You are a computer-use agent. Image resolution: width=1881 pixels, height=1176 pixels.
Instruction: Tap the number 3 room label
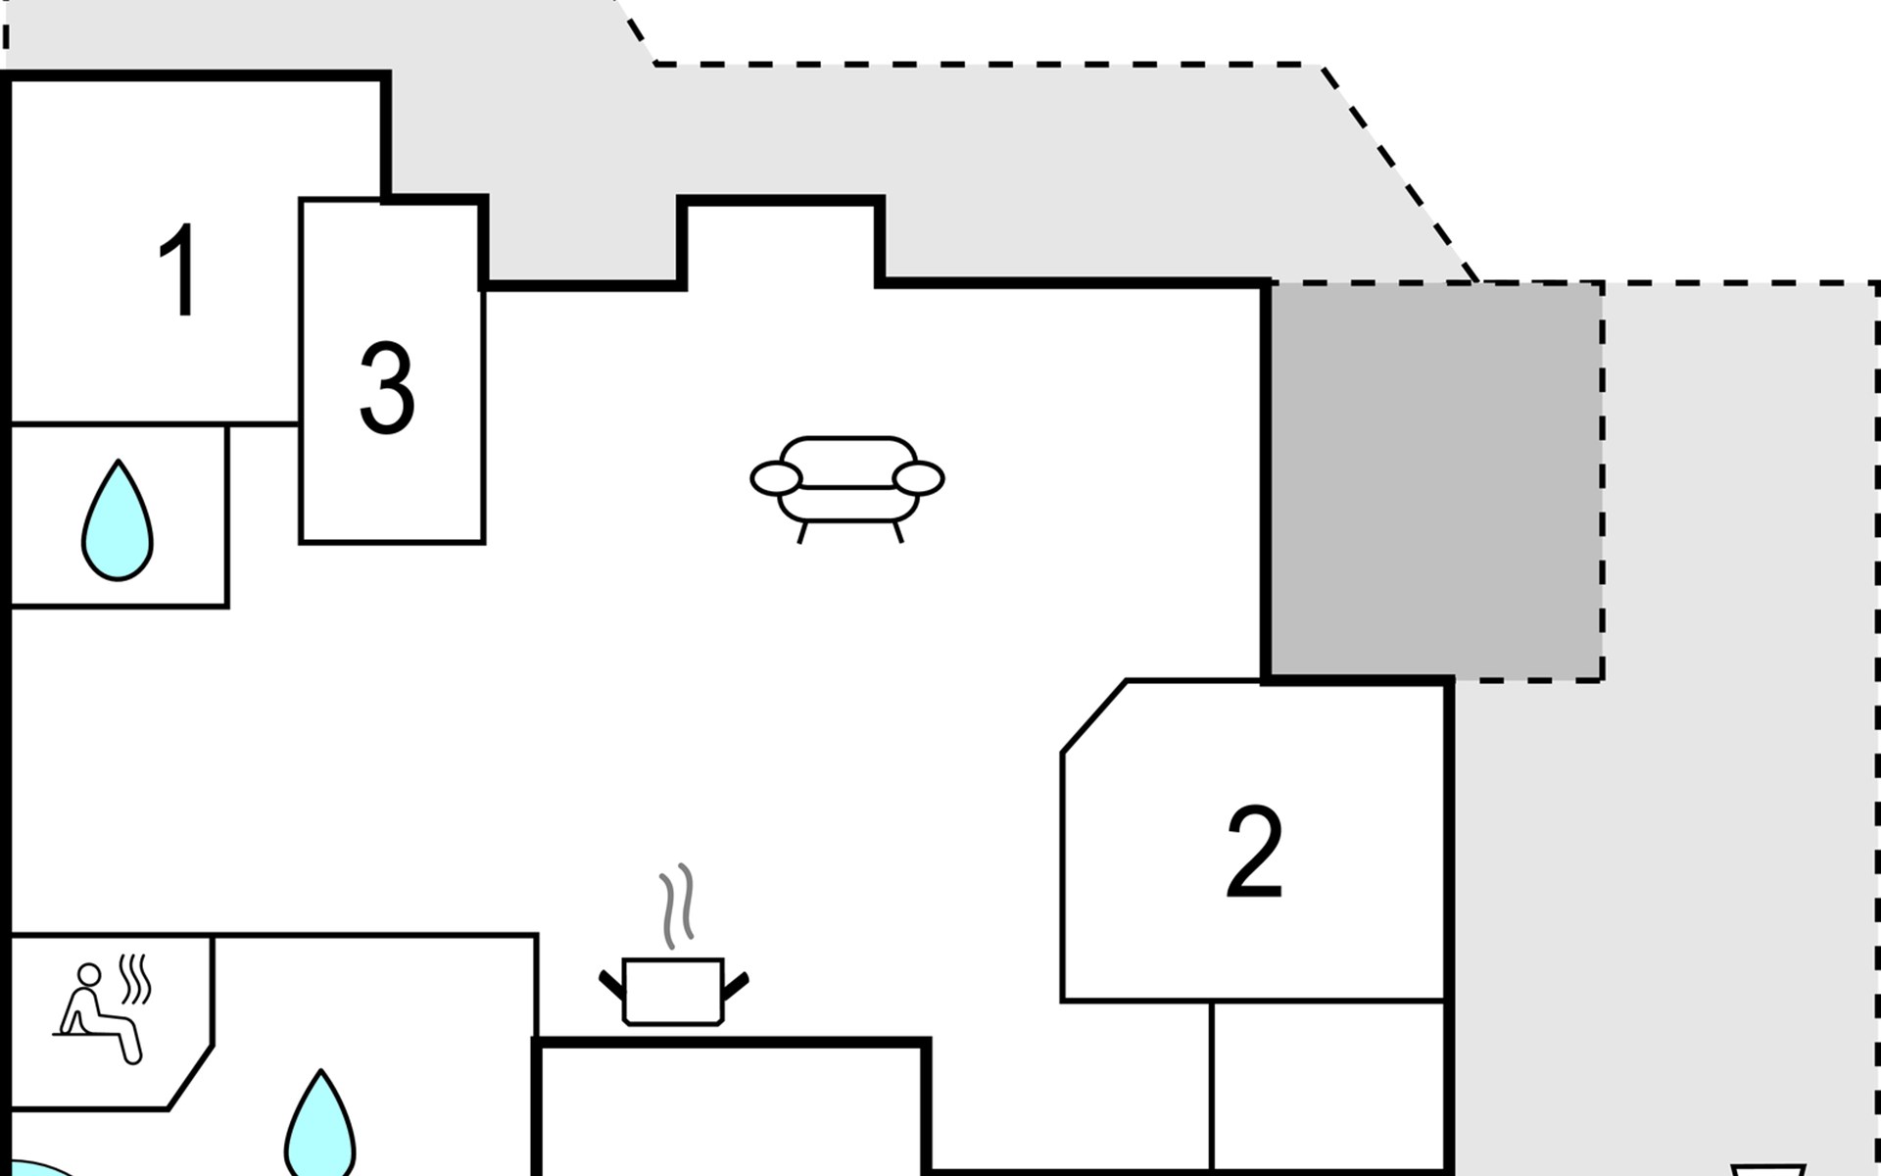pyautogui.click(x=387, y=388)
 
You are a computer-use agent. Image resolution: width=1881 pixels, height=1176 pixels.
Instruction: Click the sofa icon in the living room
pyautogui.click(x=847, y=485)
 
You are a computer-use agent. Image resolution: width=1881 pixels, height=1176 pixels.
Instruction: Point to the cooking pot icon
pyautogui.click(x=673, y=990)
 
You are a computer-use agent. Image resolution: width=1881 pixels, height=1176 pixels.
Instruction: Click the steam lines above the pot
pyautogui.click(x=677, y=906)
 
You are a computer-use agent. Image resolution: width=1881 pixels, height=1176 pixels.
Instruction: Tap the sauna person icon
pyautogui.click(x=98, y=1014)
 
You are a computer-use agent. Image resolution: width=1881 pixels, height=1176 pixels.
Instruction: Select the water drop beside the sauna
pyautogui.click(x=319, y=1127)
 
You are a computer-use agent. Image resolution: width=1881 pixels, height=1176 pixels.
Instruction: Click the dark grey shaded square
pyautogui.click(x=1435, y=480)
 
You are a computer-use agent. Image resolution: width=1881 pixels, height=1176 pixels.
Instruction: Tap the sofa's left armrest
pyautogui.click(x=776, y=478)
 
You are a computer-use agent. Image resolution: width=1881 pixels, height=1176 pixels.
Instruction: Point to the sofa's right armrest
pyautogui.click(x=919, y=478)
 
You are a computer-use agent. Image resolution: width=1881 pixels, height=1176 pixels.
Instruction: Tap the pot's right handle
pyautogui.click(x=735, y=984)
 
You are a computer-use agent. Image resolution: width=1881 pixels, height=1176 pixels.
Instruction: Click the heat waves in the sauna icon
pyautogui.click(x=135, y=979)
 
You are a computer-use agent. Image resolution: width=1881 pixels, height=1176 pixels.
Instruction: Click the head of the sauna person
pyautogui.click(x=89, y=975)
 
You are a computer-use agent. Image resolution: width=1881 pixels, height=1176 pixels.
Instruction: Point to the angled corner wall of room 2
pyautogui.click(x=1093, y=716)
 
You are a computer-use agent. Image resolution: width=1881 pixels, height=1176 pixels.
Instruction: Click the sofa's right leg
pyautogui.click(x=896, y=532)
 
